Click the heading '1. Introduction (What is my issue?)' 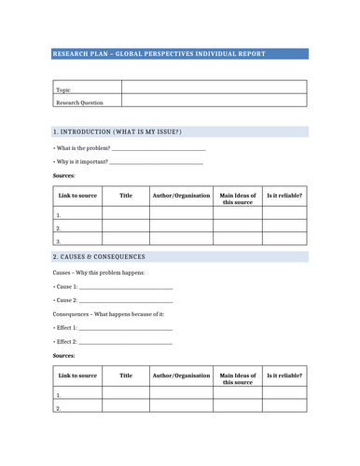(x=118, y=131)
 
